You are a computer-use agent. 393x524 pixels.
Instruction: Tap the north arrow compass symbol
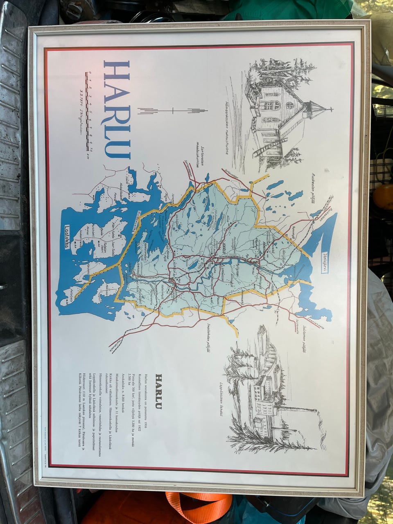coord(174,110)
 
